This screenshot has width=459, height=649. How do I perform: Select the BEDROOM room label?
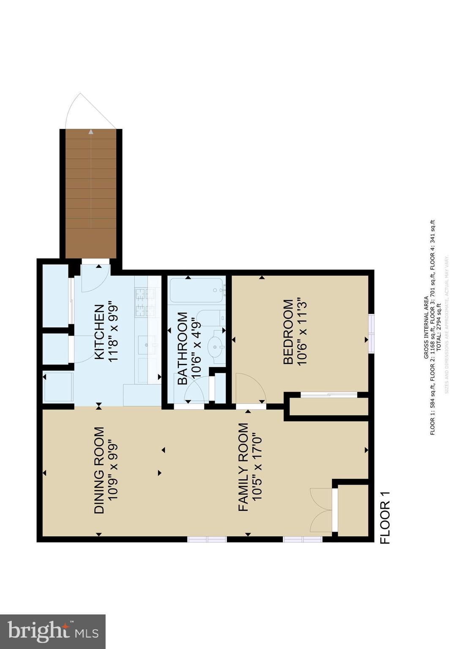(288, 332)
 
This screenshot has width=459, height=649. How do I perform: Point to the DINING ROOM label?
(99, 470)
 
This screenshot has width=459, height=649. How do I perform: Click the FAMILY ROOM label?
(243, 467)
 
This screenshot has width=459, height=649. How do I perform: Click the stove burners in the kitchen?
(145, 302)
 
